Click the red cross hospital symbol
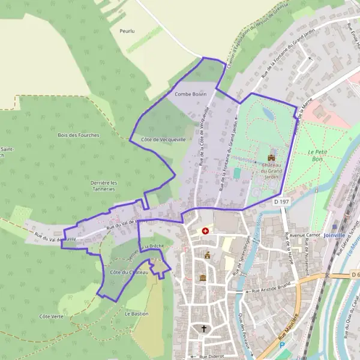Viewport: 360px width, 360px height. (x=206, y=230)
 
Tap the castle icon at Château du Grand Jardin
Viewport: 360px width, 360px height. (x=269, y=158)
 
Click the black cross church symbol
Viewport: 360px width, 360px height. (x=203, y=329)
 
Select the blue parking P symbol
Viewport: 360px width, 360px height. (x=283, y=346)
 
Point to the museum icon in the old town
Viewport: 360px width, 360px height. (x=203, y=278)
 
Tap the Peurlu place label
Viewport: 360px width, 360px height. (x=127, y=31)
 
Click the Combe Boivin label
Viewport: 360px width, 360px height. (x=190, y=94)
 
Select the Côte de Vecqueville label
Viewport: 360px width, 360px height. (x=163, y=139)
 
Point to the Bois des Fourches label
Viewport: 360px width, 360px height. (x=79, y=135)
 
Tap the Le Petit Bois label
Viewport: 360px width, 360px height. (x=317, y=155)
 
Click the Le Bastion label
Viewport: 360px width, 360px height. (x=136, y=313)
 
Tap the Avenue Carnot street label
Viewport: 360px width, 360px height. (x=306, y=235)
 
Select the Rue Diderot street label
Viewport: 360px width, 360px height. (x=211, y=356)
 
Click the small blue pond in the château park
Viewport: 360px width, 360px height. (x=268, y=113)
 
